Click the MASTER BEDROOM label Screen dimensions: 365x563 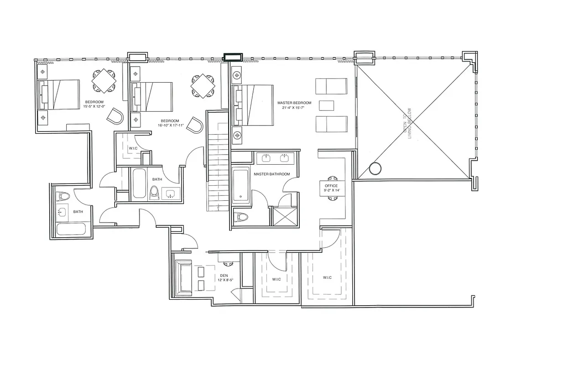(294, 103)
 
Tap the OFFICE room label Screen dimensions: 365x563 (331, 186)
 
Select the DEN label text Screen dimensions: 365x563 (224, 275)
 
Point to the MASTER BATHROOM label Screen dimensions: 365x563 (271, 174)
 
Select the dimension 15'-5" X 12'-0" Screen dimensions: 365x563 (94, 106)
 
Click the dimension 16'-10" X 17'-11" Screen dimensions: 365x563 (171, 125)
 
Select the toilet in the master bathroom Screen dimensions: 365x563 (240, 217)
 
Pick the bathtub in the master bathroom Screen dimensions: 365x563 (240, 185)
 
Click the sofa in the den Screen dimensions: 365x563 (184, 278)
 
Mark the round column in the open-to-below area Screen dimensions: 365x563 (375, 169)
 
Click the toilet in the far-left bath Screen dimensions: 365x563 (63, 196)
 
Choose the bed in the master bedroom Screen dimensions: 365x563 (252, 105)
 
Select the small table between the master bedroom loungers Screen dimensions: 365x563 (326, 105)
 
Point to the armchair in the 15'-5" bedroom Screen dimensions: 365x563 (115, 116)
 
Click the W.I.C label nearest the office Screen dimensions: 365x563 (327, 277)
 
